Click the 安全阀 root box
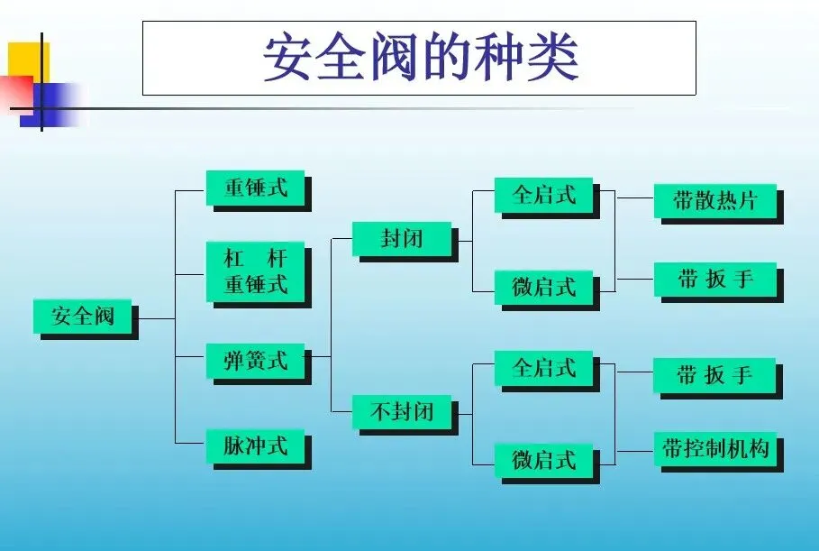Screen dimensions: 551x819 point(83,316)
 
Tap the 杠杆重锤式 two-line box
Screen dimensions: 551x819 point(255,271)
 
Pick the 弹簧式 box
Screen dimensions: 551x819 point(255,360)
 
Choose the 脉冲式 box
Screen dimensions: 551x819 point(255,445)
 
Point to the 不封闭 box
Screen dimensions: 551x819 point(401,411)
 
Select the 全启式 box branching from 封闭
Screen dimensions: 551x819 point(543,194)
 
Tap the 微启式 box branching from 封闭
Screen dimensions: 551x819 point(543,287)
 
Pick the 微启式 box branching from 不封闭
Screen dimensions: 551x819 point(543,459)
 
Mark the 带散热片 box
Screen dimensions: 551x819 point(714,200)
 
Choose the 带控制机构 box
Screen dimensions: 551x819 point(714,448)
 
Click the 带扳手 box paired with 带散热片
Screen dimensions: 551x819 point(714,279)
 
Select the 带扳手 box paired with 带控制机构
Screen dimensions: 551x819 point(714,374)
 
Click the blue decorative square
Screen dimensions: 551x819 point(54,104)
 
